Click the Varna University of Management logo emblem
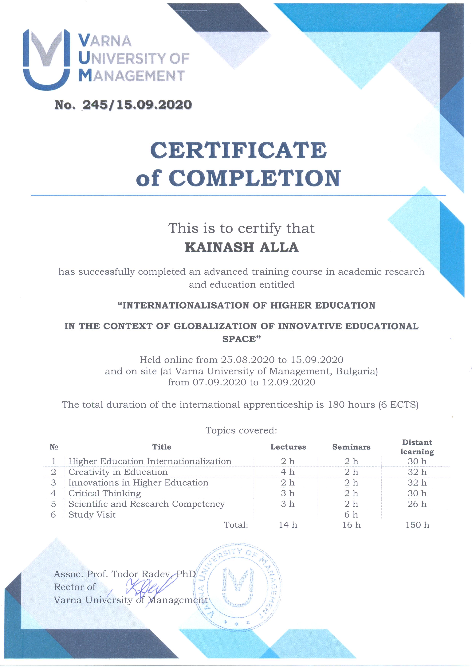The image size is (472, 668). (x=46, y=60)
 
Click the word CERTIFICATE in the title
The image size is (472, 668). (x=238, y=150)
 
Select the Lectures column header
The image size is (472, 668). (x=288, y=447)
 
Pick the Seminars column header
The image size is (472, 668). (x=351, y=447)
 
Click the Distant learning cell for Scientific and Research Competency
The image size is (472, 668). (x=417, y=504)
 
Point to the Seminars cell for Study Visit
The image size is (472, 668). (x=351, y=515)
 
